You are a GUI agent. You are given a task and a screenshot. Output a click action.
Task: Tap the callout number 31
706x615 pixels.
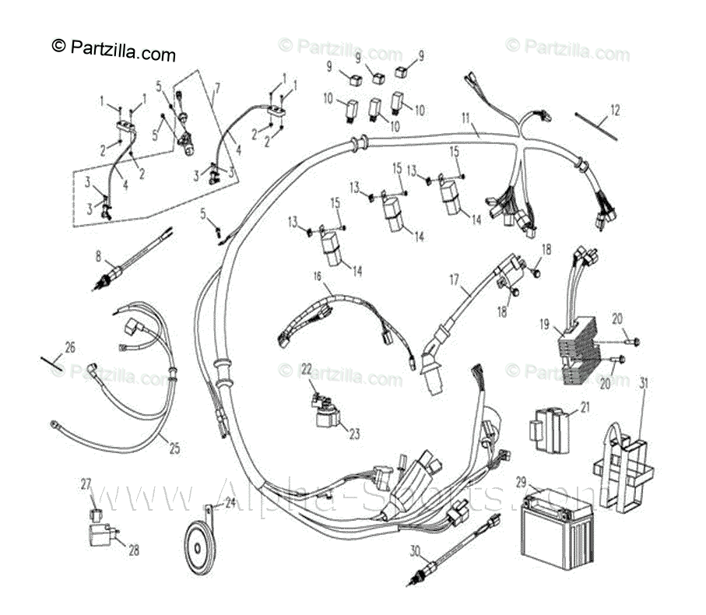click(x=644, y=381)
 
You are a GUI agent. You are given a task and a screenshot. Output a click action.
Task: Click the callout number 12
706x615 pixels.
click(x=616, y=110)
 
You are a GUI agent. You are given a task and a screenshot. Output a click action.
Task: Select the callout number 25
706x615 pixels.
click(x=174, y=449)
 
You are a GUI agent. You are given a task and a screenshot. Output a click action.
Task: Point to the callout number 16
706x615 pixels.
click(x=318, y=276)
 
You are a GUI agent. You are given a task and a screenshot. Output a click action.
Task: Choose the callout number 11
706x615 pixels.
click(x=465, y=118)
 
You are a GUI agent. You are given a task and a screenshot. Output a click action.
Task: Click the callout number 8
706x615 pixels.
click(x=99, y=255)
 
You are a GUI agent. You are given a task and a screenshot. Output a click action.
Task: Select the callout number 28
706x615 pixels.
click(x=134, y=550)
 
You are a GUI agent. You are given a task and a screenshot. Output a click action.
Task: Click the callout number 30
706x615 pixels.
click(x=416, y=550)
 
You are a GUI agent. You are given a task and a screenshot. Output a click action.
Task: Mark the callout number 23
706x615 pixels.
click(x=354, y=434)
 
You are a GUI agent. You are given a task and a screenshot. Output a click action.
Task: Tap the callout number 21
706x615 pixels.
click(x=585, y=406)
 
